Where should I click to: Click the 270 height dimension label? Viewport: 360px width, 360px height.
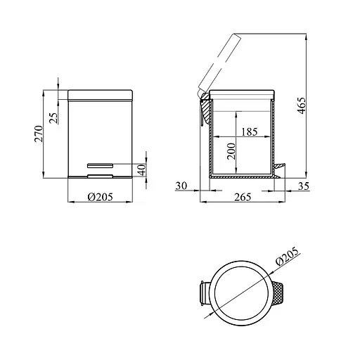39,134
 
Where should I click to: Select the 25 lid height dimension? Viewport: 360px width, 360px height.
53,118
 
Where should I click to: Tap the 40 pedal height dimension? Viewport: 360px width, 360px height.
141,170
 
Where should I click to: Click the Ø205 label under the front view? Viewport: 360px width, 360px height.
101,197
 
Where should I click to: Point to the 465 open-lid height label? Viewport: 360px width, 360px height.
302,105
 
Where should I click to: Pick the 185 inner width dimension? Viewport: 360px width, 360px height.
250,131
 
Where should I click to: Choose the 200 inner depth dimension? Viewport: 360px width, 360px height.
231,151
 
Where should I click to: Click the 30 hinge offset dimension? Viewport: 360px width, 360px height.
181,186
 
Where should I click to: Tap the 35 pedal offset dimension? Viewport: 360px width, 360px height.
304,186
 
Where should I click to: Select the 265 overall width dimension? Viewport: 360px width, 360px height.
243,197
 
